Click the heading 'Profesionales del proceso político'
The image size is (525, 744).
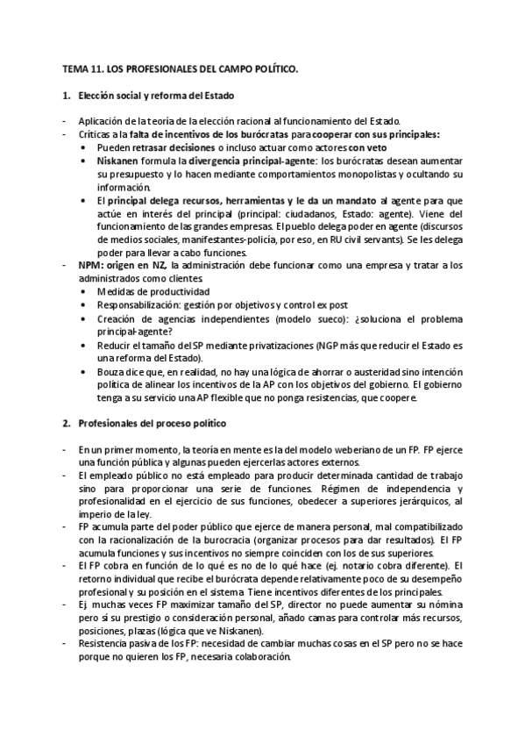152,423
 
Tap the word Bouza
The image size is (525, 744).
112,371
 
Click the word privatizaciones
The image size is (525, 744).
284,345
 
